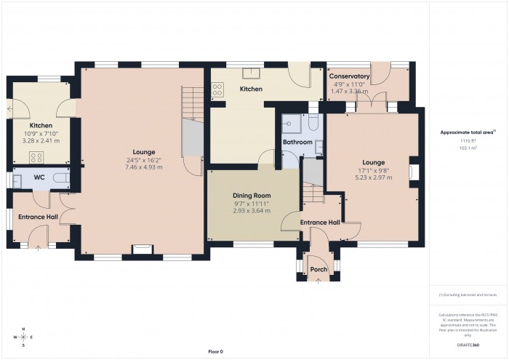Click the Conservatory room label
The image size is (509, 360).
click(349, 76)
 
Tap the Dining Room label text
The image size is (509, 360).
click(252, 196)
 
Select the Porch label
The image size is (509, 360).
click(318, 269)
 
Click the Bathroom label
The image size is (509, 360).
click(297, 142)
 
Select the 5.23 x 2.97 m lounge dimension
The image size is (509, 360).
click(373, 176)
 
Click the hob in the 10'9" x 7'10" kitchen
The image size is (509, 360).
click(36, 158)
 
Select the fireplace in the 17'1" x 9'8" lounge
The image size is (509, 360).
click(415, 172)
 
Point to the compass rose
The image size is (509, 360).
click(24, 338)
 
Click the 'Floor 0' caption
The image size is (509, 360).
click(216, 351)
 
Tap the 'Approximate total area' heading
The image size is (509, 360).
click(467, 132)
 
